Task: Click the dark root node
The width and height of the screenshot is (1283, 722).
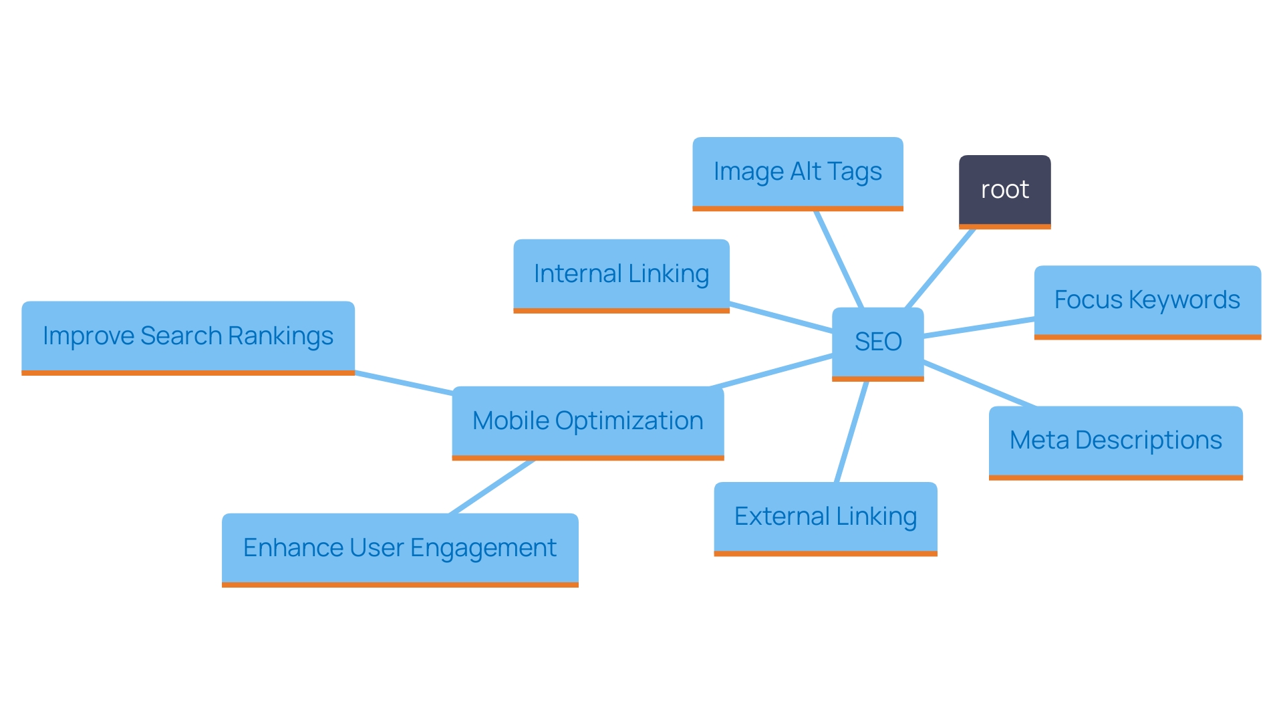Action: coord(1004,191)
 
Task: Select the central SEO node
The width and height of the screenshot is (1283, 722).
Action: coord(877,342)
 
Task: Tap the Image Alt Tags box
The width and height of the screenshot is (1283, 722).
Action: coord(797,172)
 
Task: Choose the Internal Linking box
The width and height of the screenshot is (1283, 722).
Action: coord(621,274)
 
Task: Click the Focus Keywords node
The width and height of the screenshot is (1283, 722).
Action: coord(1147,301)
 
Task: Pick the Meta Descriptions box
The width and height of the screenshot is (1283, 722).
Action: coord(1115,441)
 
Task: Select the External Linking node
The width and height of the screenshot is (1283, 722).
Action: coord(825,517)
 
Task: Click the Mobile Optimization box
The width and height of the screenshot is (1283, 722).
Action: coord(587,421)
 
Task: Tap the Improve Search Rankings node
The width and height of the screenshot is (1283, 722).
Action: coord(188,336)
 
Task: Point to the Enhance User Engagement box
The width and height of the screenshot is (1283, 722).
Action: coord(400,548)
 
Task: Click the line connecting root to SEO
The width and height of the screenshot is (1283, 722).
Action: coord(940,268)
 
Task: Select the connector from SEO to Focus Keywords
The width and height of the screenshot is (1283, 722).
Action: coord(979,328)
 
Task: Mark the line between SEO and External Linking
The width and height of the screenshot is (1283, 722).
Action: coord(852,431)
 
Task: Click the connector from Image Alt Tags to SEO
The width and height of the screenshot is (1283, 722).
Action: coord(839,259)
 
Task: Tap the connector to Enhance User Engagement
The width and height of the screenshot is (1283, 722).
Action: coord(492,487)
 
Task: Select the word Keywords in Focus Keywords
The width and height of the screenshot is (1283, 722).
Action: coord(1184,301)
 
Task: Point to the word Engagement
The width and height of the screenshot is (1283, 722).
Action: coord(482,548)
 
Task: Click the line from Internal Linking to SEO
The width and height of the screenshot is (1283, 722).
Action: coord(780,318)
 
